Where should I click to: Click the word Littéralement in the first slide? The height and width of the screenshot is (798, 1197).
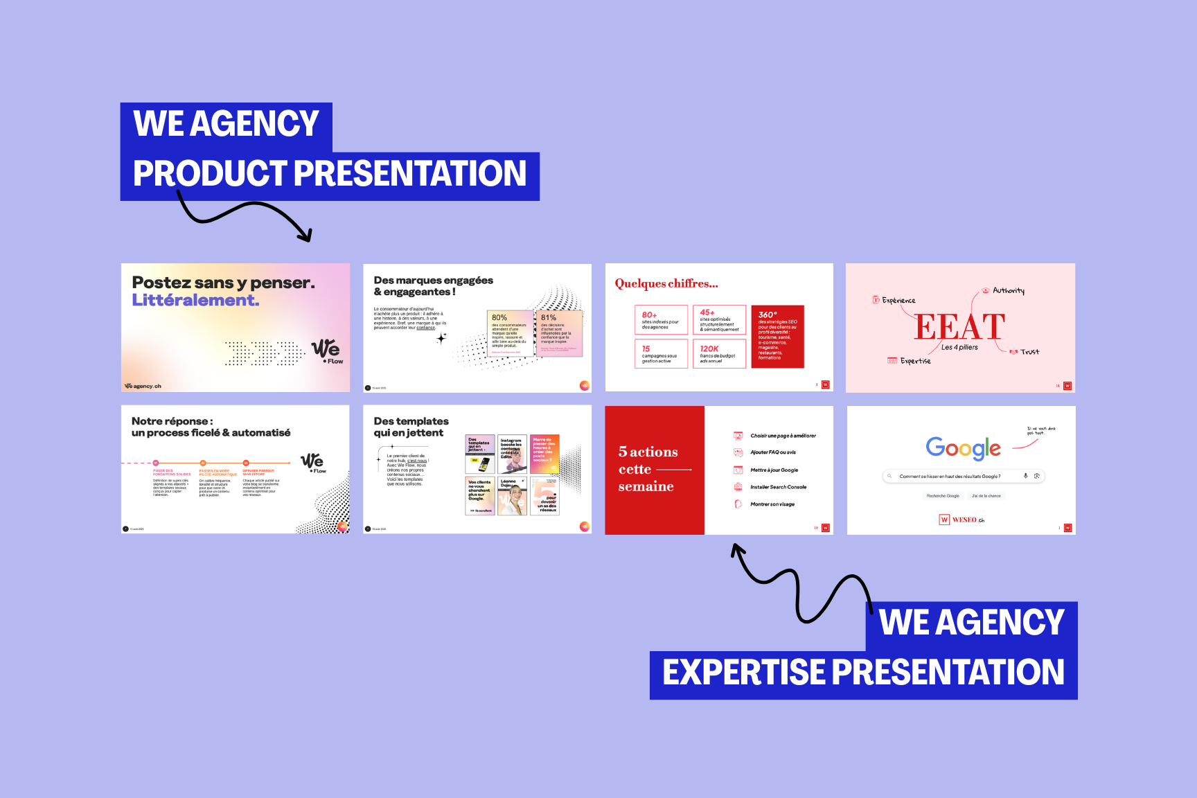[x=195, y=300]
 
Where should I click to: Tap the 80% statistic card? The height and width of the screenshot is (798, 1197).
[x=509, y=333]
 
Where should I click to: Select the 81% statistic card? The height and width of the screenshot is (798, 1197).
[x=558, y=333]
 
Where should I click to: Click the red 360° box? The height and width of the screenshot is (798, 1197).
[x=777, y=336]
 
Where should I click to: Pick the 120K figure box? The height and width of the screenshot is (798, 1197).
[x=719, y=353]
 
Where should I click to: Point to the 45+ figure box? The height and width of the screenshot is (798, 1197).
[x=719, y=320]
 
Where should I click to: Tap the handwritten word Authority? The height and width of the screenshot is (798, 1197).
[x=1008, y=291]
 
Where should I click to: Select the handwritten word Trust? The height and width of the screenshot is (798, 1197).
[x=1029, y=352]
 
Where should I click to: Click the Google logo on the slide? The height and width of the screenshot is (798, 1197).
[x=963, y=448]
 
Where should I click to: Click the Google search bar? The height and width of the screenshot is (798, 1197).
[x=963, y=476]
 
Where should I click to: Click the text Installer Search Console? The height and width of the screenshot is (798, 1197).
[x=778, y=487]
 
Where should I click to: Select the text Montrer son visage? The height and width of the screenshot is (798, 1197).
[x=772, y=504]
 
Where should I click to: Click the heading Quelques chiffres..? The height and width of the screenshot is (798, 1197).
[x=666, y=283]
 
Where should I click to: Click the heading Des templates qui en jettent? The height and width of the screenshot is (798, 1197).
[x=411, y=427]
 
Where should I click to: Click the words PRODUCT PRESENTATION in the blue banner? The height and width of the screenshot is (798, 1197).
[x=330, y=174]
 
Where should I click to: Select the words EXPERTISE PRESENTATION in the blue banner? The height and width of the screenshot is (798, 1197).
[x=863, y=673]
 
